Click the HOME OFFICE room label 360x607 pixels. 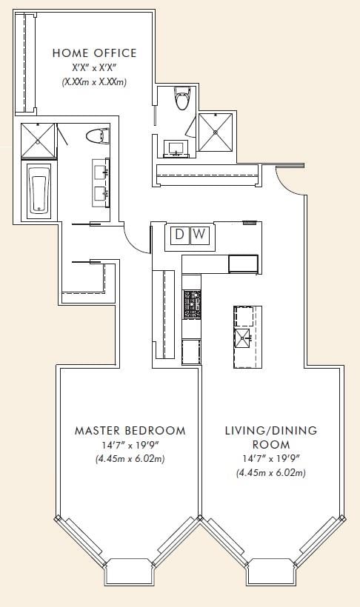point(95,53)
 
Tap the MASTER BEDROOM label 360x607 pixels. point(130,431)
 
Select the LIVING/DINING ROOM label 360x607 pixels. point(271,437)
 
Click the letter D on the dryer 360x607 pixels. point(179,234)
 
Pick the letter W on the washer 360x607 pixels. point(199,234)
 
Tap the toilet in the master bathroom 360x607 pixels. point(97,136)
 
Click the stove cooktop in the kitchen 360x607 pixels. point(192,304)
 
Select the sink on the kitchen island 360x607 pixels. point(244,338)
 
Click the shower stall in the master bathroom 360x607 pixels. point(38,141)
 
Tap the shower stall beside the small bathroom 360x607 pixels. point(216,133)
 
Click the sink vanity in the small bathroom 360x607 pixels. point(177,149)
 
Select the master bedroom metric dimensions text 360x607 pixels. point(130,460)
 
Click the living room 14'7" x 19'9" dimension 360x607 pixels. point(271,459)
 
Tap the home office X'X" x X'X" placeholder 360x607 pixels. point(95,68)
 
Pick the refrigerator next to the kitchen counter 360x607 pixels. point(244,264)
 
